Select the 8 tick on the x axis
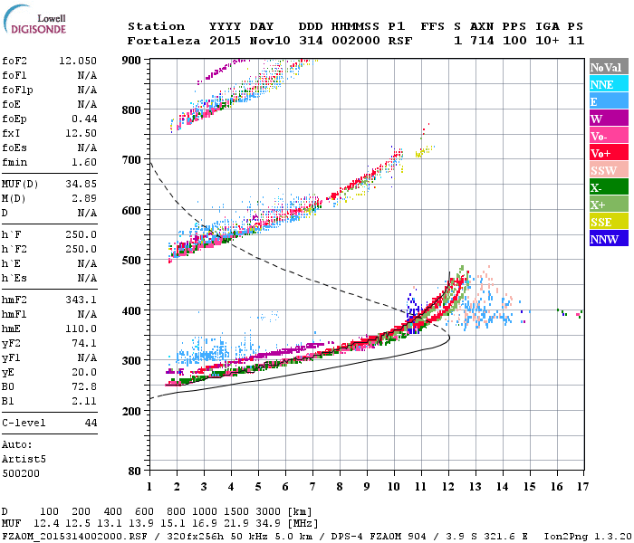pyautogui.click(x=340, y=487)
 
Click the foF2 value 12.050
pyautogui.click(x=78, y=61)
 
